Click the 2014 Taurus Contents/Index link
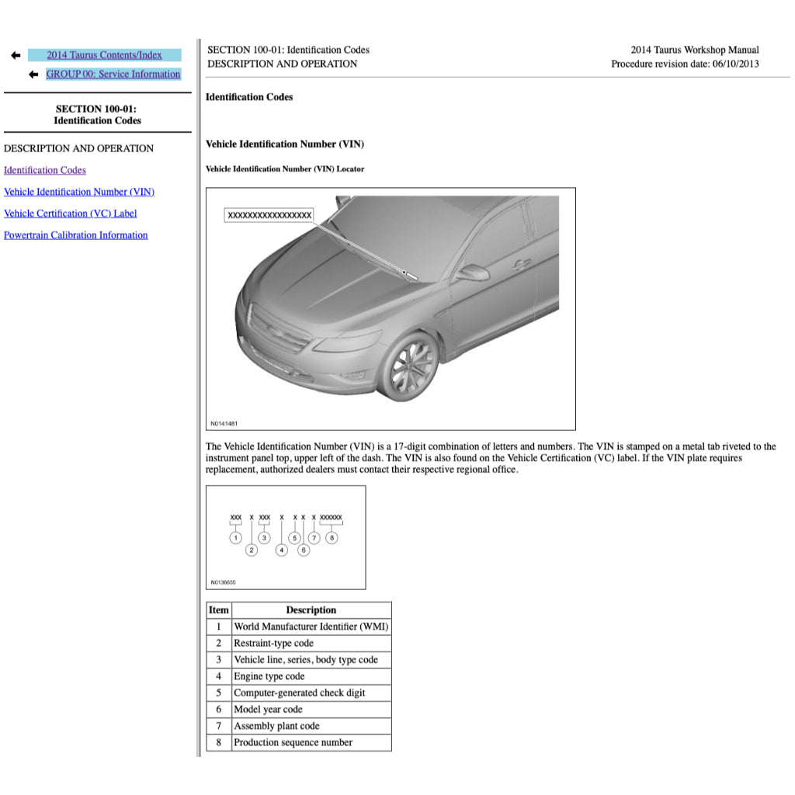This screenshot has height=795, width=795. [x=104, y=55]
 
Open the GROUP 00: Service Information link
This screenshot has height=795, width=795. [x=113, y=75]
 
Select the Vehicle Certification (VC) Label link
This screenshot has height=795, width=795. [x=70, y=214]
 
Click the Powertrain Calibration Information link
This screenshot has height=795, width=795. [x=75, y=235]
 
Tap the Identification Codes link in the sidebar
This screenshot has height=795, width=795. [x=44, y=170]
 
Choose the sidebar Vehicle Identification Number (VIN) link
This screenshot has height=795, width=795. [x=78, y=192]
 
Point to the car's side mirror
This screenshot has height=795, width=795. [x=472, y=273]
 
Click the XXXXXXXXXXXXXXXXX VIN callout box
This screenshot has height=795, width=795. [x=269, y=215]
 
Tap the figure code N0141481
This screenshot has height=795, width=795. [x=224, y=424]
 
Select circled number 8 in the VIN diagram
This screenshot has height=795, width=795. [x=332, y=537]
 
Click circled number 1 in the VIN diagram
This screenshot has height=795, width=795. [x=236, y=537]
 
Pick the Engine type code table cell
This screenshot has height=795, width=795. [x=269, y=676]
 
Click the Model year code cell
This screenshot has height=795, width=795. [x=268, y=710]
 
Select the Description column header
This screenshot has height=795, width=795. [x=311, y=610]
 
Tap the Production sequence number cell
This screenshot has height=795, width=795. [x=293, y=743]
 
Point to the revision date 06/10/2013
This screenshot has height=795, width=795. [x=736, y=64]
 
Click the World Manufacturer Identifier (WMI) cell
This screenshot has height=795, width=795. [x=311, y=627]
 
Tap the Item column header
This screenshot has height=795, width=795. [x=219, y=610]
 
